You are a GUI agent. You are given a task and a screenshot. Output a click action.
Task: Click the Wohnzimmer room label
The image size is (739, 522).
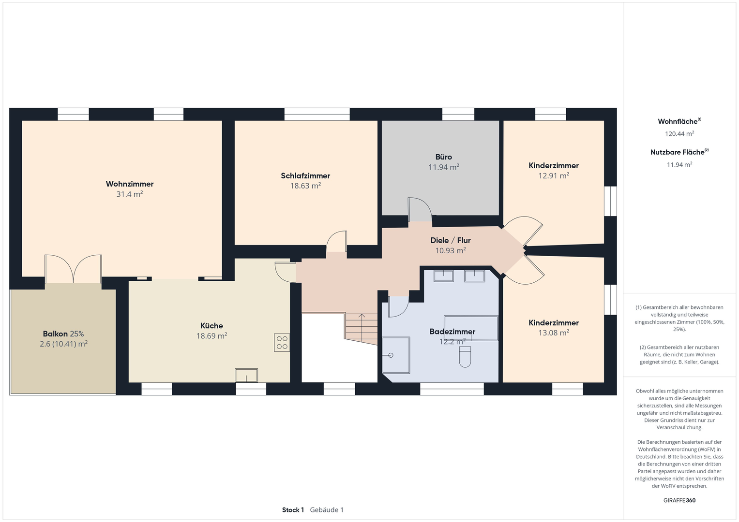(x=130, y=184)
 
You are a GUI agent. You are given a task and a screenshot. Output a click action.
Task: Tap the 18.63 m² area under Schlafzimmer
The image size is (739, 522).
(x=305, y=186)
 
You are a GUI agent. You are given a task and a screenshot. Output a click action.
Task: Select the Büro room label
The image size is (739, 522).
(x=443, y=157)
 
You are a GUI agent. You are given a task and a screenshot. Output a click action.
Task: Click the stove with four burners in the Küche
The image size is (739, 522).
(x=282, y=342)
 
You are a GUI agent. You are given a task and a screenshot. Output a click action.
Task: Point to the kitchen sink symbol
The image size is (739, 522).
(x=246, y=376)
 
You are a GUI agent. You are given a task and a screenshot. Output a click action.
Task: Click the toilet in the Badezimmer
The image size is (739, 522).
(x=465, y=357)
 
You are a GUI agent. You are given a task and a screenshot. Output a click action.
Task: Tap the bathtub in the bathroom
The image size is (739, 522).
(x=471, y=328)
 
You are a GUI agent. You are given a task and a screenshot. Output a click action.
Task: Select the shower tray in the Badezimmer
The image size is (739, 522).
(x=396, y=355)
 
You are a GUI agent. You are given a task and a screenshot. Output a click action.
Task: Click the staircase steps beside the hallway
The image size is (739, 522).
(x=361, y=329)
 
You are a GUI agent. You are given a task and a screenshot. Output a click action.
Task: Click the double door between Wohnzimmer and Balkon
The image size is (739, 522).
(x=73, y=269)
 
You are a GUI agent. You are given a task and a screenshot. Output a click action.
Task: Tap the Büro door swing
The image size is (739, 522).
(x=420, y=209)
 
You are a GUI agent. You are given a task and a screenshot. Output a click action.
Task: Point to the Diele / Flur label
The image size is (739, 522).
(x=451, y=240)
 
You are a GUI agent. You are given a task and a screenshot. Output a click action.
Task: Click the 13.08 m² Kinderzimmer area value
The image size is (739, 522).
(x=554, y=333)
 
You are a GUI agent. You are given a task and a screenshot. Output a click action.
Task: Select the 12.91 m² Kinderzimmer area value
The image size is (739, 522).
(x=554, y=175)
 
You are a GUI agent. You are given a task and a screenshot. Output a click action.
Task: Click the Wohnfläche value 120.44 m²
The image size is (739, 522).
(x=679, y=133)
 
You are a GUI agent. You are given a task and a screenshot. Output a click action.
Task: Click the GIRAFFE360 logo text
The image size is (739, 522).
(x=679, y=500)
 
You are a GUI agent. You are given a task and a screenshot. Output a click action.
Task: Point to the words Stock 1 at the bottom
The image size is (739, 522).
(x=293, y=510)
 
